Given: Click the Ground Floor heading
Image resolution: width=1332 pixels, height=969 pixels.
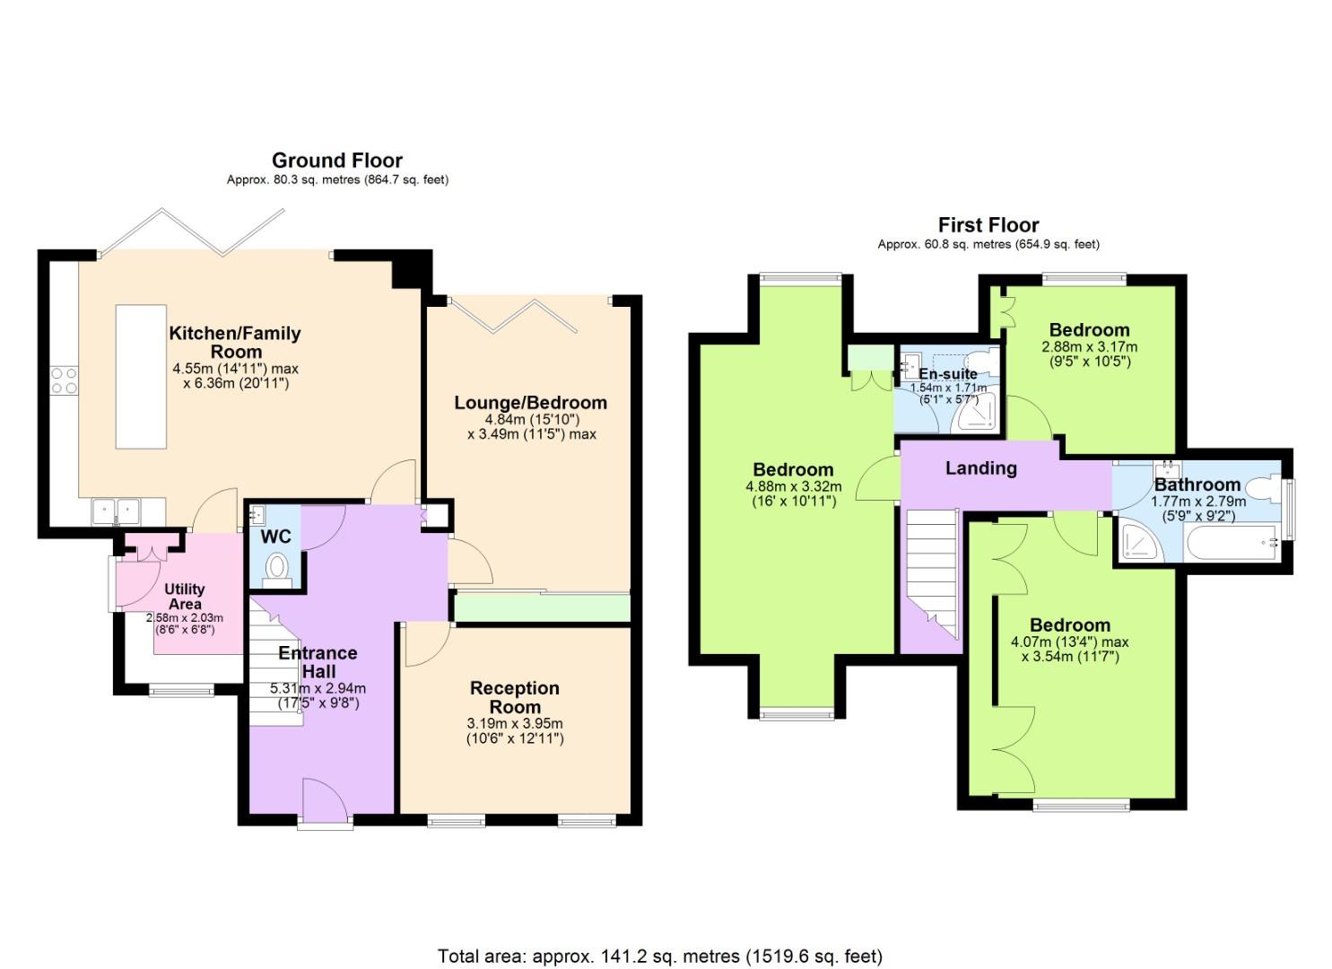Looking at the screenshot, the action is click(337, 161).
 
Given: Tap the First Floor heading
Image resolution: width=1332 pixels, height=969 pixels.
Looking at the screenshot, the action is click(988, 225).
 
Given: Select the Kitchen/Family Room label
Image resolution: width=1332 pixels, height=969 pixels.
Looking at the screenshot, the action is click(235, 342).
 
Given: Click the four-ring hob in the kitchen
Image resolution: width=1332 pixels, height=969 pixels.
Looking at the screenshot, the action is click(65, 380).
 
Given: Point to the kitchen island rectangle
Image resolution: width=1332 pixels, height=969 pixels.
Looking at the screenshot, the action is click(141, 377).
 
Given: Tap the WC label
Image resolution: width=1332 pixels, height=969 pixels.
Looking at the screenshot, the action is click(276, 537).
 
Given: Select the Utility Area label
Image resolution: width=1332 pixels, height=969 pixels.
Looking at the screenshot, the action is click(185, 597).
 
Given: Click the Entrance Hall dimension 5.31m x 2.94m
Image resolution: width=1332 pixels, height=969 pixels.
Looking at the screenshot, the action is click(318, 689).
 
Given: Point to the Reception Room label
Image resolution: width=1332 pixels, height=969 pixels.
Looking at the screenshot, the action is click(514, 697).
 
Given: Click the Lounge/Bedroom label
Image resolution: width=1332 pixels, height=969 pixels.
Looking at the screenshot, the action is click(530, 403).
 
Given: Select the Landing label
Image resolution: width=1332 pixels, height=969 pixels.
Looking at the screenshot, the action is click(981, 468).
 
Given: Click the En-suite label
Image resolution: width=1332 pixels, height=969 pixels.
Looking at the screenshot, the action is click(948, 373).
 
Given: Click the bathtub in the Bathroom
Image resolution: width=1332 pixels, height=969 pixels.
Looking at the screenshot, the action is click(1231, 543).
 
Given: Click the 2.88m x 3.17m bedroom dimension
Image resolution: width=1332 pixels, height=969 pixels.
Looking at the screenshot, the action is click(1090, 347).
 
